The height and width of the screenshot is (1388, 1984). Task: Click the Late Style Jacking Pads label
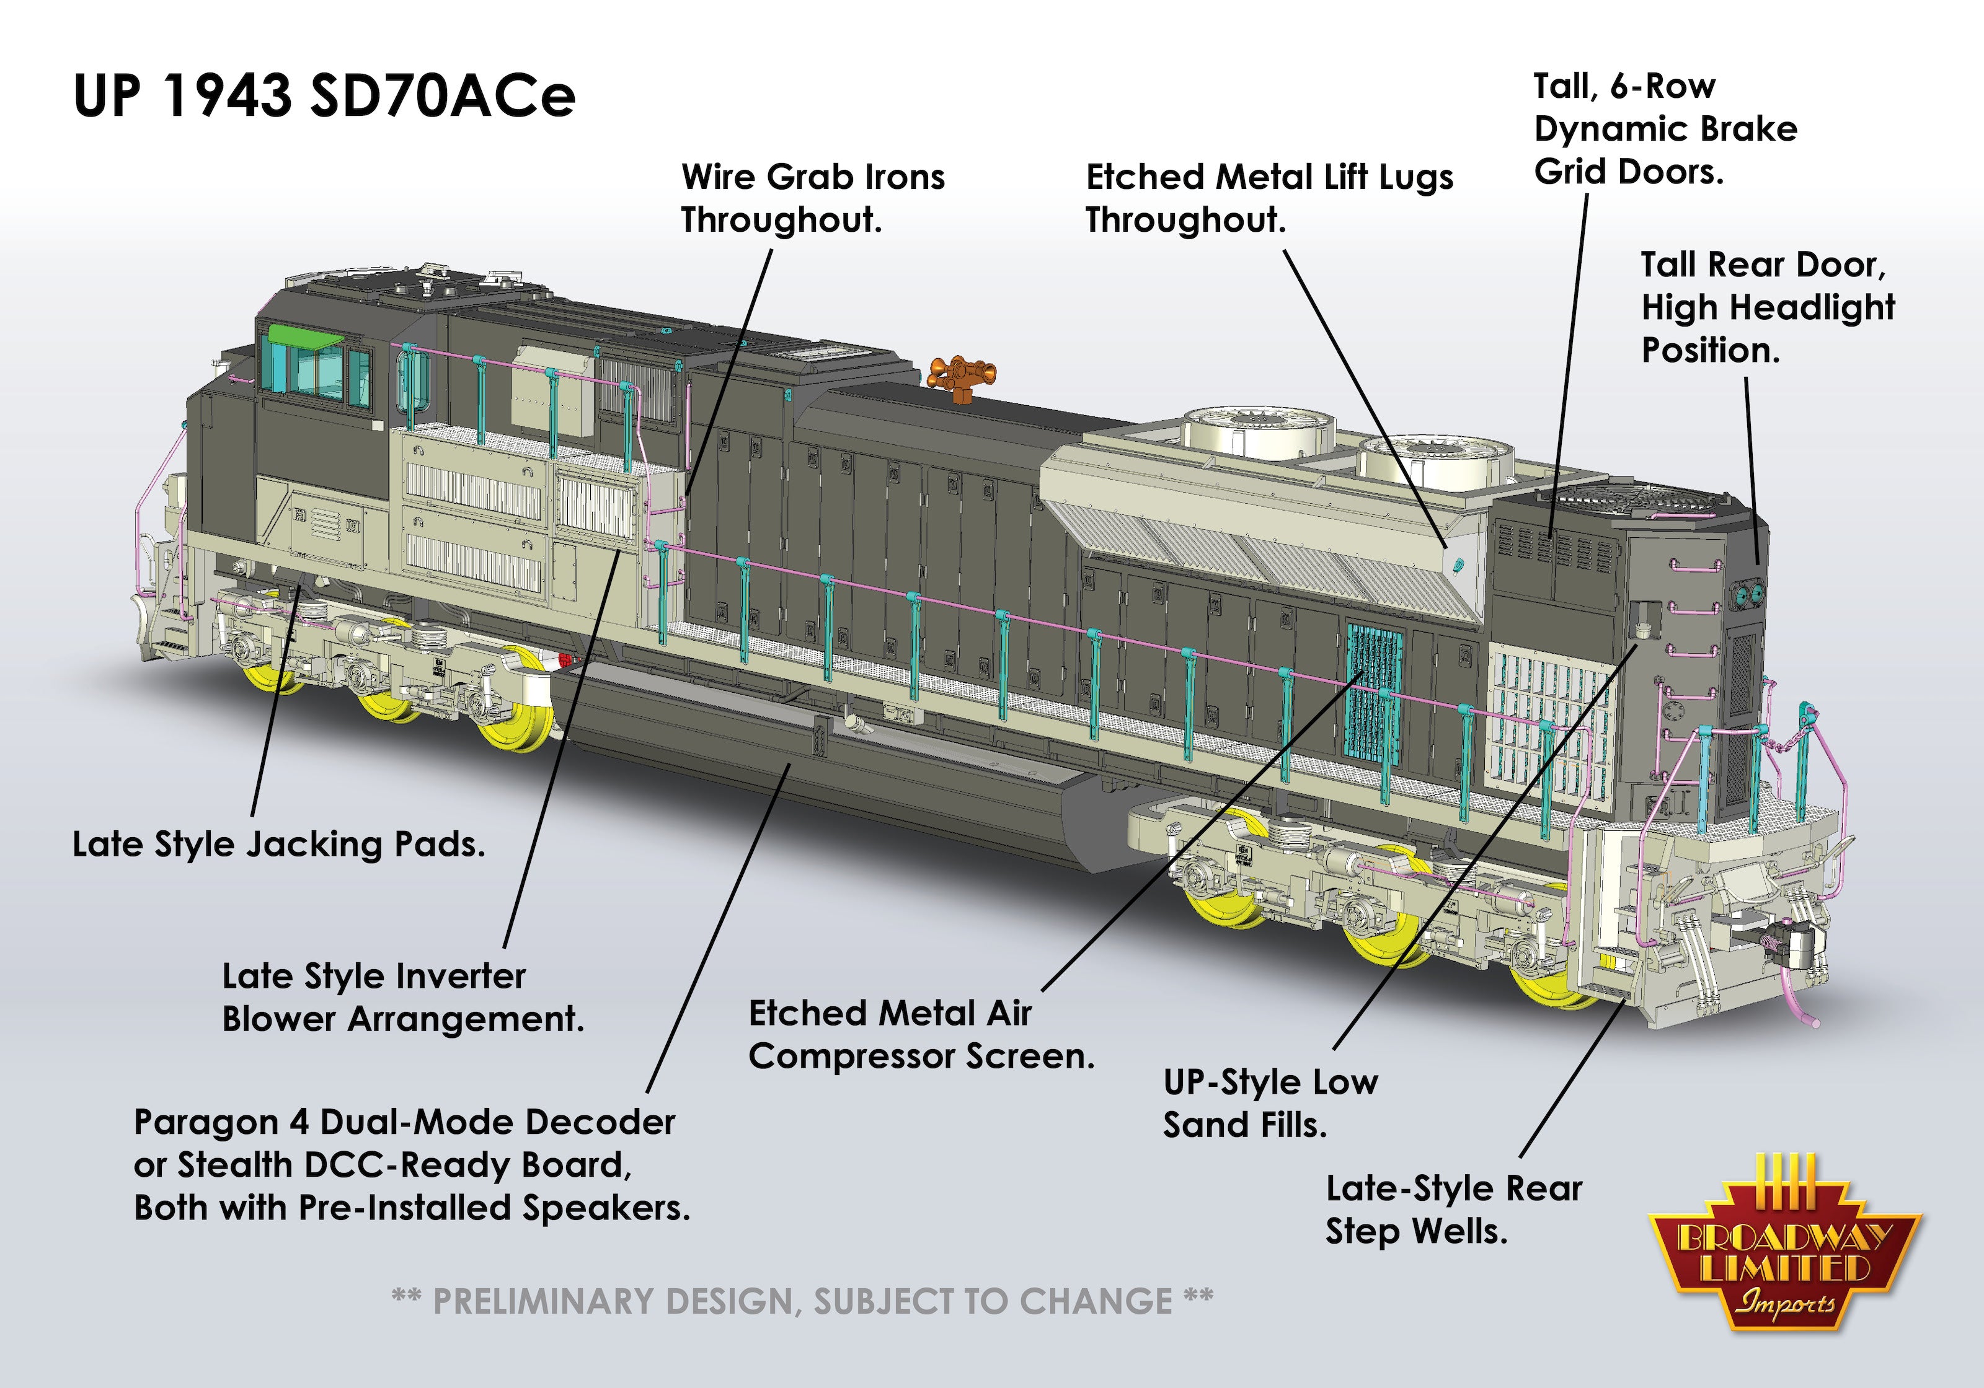point(278,844)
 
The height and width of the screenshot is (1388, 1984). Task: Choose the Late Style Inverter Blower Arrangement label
point(402,998)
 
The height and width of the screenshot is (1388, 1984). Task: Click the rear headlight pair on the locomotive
point(1747,594)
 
